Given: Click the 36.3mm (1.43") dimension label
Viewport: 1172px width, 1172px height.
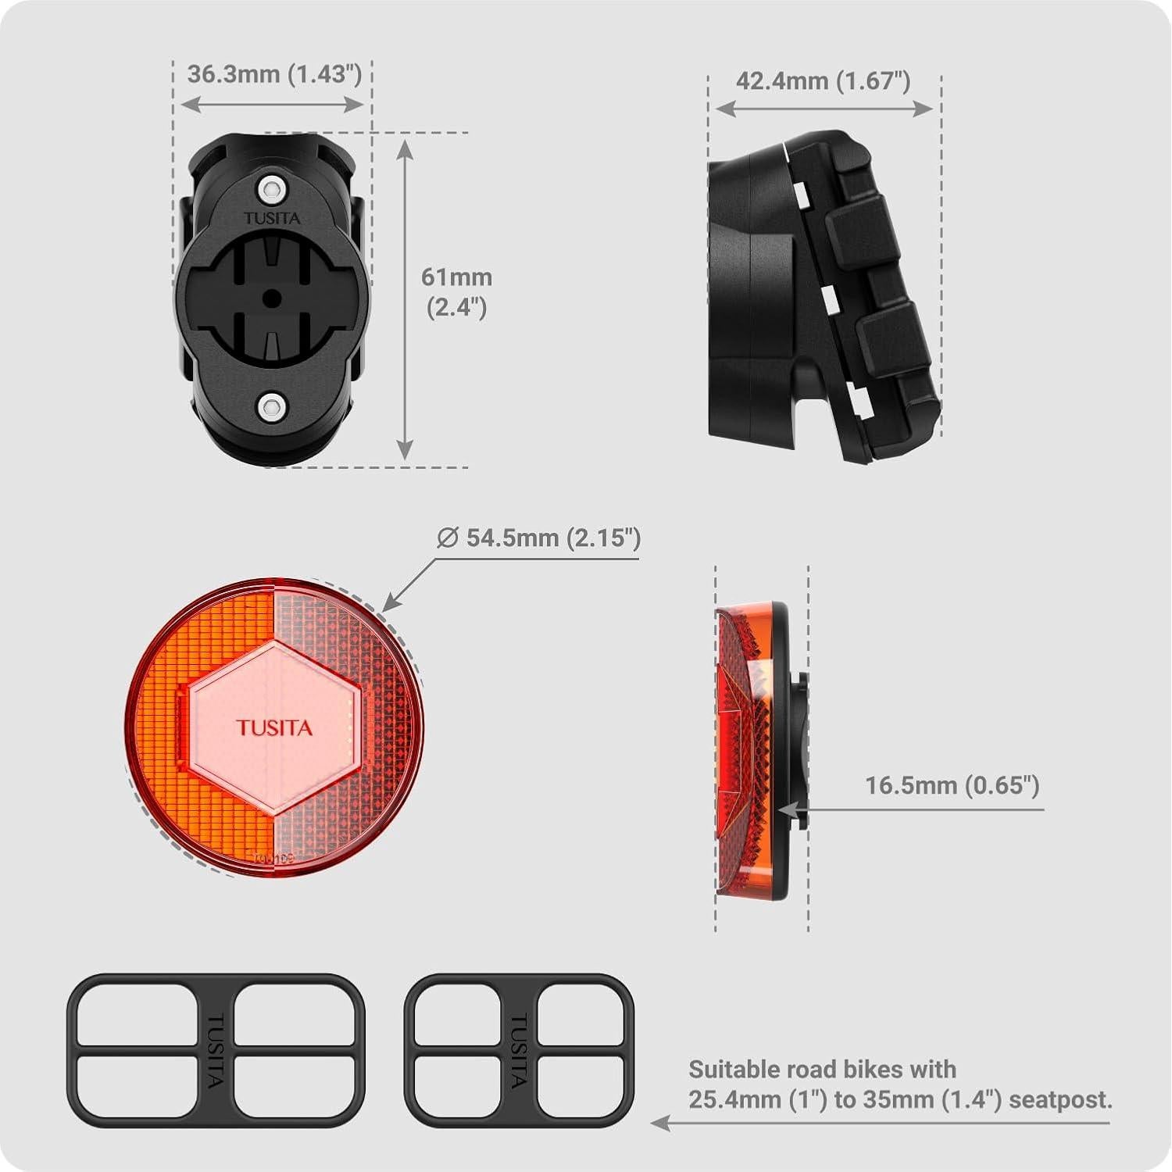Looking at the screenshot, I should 274,74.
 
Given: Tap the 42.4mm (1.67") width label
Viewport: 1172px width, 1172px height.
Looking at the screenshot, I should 823,80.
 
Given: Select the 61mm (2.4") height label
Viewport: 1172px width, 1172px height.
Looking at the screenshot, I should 456,291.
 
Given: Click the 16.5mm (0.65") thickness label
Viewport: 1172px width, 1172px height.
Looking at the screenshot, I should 952,785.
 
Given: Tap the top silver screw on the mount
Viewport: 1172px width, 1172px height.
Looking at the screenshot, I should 271,188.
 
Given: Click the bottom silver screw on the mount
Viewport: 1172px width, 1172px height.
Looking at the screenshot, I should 271,405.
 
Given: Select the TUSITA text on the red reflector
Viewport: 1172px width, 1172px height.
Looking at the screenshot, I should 274,728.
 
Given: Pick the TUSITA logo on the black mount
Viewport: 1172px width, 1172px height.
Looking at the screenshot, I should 271,218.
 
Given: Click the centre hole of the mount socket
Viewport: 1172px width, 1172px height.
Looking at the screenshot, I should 271,297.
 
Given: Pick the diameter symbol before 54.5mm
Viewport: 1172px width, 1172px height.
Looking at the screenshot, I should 447,538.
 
